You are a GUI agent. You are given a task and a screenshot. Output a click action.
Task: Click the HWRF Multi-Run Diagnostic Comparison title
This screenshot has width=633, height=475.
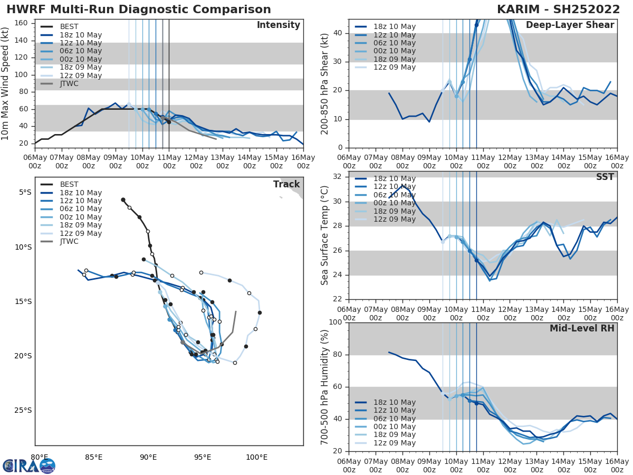(x=139, y=9)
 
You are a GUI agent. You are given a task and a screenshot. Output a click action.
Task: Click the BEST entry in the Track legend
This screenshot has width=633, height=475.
(x=69, y=185)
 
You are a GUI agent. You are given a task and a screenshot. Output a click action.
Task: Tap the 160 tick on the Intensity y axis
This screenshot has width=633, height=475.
(x=24, y=23)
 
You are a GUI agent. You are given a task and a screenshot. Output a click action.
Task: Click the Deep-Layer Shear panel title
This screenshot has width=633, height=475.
(x=570, y=25)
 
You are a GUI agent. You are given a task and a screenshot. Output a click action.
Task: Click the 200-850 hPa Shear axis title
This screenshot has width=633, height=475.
(x=325, y=83)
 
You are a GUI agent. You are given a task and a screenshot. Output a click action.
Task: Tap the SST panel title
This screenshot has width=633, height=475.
(x=605, y=177)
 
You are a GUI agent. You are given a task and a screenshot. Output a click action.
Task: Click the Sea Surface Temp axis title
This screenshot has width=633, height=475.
(x=325, y=235)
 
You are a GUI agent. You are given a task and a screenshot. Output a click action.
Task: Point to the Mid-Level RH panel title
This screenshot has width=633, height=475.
(x=582, y=329)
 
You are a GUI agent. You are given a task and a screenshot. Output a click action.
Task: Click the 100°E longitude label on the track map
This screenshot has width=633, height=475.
(x=256, y=457)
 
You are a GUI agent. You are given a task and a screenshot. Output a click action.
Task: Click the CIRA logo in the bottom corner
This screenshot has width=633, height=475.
(x=29, y=465)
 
